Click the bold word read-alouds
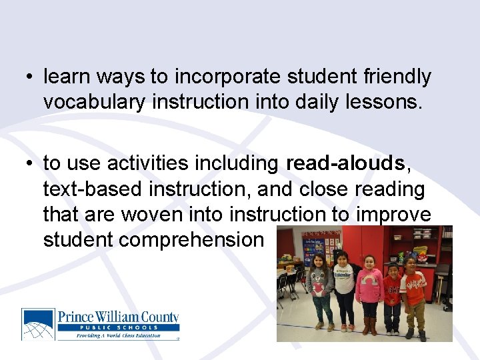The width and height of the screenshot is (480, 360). coord(345,163)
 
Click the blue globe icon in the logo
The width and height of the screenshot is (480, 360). coord(38,324)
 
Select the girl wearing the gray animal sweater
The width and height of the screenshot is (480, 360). coord(319,287)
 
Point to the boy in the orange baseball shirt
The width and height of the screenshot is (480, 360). coord(414,293)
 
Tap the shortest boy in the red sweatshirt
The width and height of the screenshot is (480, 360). coord(393,297)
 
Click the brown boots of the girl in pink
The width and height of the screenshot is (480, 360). coord(369,325)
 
